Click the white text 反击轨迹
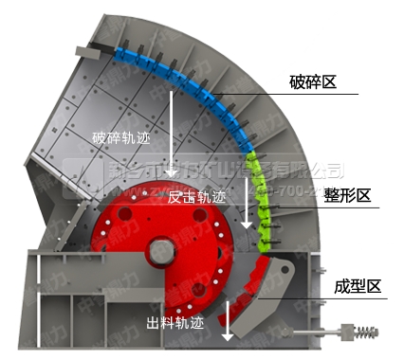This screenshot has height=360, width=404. coord(196,198)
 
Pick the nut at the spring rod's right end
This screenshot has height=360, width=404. coord(386,333)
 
